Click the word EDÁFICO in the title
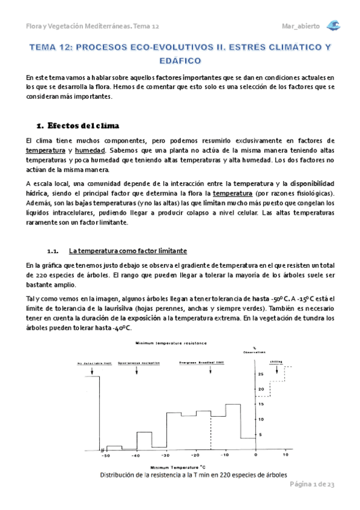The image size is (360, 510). coord(180,60)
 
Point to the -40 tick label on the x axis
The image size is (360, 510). coord(136,455)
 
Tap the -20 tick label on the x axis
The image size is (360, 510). coord(196,455)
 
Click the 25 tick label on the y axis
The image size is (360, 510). coord(260,374)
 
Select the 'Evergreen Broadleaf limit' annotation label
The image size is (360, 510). coord(198,363)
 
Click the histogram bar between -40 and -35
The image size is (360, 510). coord(144,441)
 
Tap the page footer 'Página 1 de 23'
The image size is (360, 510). coord(313,484)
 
